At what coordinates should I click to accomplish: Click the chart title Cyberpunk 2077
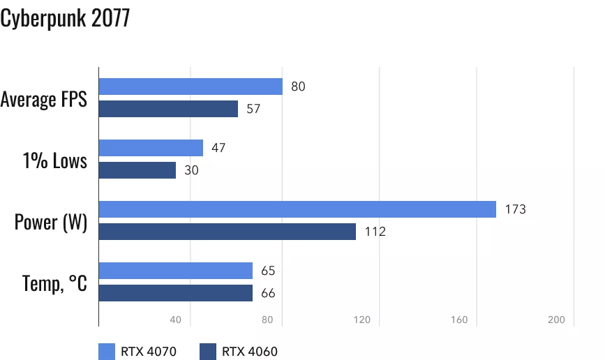(x=65, y=19)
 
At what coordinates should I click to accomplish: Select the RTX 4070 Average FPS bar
(x=191, y=87)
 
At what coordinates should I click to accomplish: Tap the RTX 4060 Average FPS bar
(x=168, y=109)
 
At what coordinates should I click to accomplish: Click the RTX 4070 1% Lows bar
(x=151, y=148)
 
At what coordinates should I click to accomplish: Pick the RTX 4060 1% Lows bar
(x=137, y=170)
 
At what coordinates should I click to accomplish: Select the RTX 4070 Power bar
(x=297, y=209)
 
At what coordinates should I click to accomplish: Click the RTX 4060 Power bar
(x=227, y=232)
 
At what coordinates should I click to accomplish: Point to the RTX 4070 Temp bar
(x=176, y=271)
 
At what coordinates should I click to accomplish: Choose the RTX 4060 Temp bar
(x=176, y=293)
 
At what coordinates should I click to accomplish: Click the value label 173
(x=515, y=209)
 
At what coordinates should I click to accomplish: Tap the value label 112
(x=375, y=232)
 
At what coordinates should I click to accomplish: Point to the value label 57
(x=253, y=109)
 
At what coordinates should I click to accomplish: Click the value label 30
(x=191, y=170)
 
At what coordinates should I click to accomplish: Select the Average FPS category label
(x=44, y=99)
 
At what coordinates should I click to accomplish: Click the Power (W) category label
(x=51, y=223)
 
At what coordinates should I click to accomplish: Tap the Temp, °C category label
(x=54, y=283)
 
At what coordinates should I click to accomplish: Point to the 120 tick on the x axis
(x=361, y=320)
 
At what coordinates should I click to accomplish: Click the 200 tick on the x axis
(x=555, y=320)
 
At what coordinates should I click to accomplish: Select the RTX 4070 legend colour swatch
(x=107, y=351)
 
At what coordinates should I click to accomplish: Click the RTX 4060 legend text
(x=250, y=351)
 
